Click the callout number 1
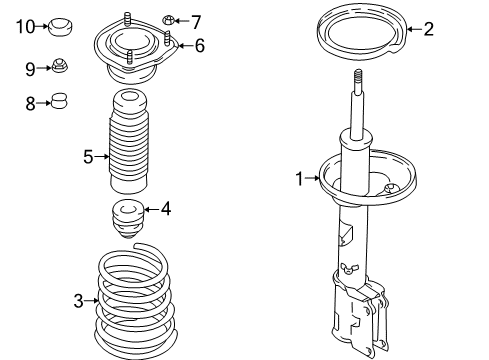[298, 179]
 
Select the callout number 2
[429, 29]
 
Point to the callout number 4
[165, 209]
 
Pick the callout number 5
[88, 155]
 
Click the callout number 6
[199, 44]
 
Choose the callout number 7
[196, 21]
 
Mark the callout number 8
[30, 102]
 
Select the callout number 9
[30, 68]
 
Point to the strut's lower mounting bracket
[365, 310]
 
